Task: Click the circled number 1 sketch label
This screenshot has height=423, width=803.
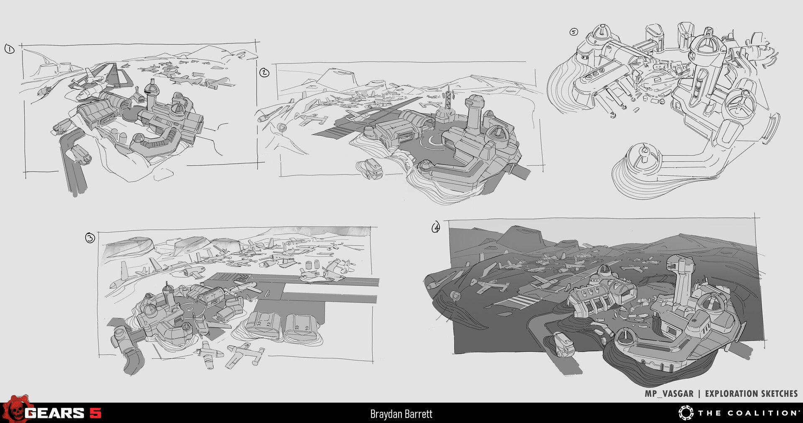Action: [x=9, y=49]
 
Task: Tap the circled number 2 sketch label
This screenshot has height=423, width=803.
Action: [x=264, y=73]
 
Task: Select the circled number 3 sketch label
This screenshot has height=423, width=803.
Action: [x=90, y=238]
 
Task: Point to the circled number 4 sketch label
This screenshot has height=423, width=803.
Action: [x=436, y=227]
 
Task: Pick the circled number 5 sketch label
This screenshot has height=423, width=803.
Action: [x=573, y=32]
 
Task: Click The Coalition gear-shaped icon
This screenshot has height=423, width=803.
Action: [x=686, y=413]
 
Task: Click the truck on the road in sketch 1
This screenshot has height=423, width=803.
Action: [x=80, y=155]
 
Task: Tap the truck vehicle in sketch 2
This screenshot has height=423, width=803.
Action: [x=370, y=168]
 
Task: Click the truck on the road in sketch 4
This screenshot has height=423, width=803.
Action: [x=561, y=344]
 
